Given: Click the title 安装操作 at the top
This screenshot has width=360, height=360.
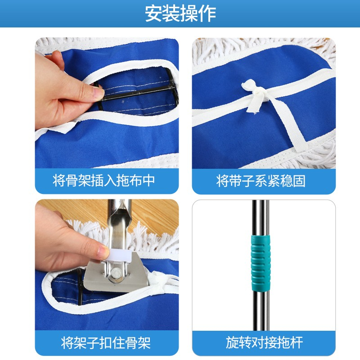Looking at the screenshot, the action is [x=180, y=14].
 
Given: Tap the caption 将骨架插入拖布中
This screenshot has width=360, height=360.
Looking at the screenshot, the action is [x=104, y=180].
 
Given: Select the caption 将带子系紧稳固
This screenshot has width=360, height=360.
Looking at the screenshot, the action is [x=261, y=181].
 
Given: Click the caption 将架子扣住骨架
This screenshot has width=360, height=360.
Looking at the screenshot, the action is [x=106, y=342].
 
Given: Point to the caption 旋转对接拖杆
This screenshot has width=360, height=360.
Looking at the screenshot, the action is [x=264, y=342].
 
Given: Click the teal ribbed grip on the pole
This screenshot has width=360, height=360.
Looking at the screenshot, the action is [x=261, y=262].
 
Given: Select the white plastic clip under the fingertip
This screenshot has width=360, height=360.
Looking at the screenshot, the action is [x=118, y=255].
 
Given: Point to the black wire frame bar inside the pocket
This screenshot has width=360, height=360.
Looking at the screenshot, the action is [x=138, y=93].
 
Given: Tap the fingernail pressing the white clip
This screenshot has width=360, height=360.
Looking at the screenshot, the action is [x=103, y=252].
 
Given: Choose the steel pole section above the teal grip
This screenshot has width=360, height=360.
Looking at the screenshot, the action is [x=260, y=217].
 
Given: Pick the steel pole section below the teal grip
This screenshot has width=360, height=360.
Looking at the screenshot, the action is [x=261, y=310].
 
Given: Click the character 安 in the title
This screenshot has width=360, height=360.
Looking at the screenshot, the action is [x=153, y=14].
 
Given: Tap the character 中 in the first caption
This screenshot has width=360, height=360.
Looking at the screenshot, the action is [x=149, y=180].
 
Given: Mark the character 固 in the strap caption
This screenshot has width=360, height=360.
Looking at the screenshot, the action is [x=299, y=181].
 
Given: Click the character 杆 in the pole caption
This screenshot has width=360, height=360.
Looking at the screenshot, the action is [x=297, y=342].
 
